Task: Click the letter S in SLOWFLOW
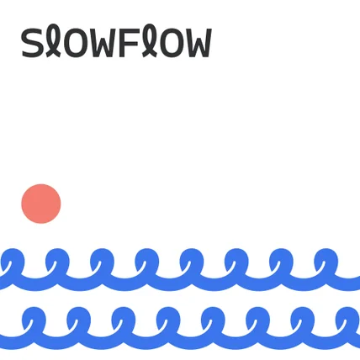pos(32,43)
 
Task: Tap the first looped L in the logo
pos(54,40)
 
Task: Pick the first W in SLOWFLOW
pos(103,43)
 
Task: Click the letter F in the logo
pos(129,43)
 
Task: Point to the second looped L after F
pos(149,40)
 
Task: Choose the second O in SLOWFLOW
pos(171,43)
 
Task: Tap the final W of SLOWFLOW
pos(198,43)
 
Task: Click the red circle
pos(41,204)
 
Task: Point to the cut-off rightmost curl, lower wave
pos(349,318)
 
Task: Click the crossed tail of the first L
pos(53,53)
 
